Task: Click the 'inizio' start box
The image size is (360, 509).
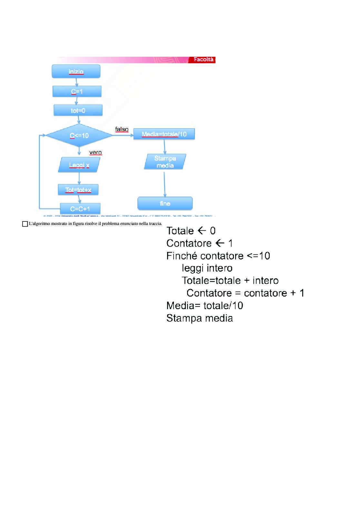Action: coord(76,71)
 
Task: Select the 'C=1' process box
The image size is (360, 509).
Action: coord(77,91)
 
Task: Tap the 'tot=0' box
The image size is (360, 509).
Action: coord(78,110)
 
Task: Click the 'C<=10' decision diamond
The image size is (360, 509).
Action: coord(79,135)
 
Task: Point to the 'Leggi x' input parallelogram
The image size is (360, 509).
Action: coord(79,165)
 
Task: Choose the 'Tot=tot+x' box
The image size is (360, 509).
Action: coord(78,190)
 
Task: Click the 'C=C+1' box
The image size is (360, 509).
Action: coord(80,209)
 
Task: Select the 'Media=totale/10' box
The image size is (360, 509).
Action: coord(164,134)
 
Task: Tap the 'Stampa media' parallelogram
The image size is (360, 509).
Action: coord(165,162)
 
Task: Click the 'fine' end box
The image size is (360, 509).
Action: coord(165,203)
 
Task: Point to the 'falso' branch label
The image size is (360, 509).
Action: coord(122,129)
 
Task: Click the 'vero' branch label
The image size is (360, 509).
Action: coord(95,152)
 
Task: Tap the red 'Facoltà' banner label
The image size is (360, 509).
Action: coord(203,60)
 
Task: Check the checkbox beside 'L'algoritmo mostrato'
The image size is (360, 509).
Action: coord(25,224)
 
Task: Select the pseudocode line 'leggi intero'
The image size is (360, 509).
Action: coord(207,268)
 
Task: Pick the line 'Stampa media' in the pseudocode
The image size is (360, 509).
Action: coord(199,318)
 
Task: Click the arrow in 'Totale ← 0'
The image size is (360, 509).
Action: coord(202,230)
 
